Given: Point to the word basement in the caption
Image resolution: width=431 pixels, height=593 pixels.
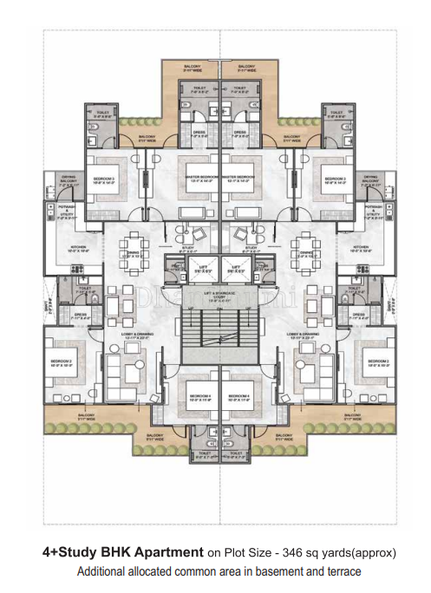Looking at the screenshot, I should click(x=264, y=571).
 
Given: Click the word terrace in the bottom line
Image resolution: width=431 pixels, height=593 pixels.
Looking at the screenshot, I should click(x=340, y=571).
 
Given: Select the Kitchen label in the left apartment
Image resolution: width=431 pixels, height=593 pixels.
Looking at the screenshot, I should click(x=78, y=249).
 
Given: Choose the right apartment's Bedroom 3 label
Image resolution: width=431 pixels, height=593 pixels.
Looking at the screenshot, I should click(x=335, y=179).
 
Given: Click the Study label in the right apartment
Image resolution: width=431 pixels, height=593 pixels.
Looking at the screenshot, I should click(x=251, y=249).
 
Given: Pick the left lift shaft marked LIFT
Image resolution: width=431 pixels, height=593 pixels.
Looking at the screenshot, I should click(x=202, y=270).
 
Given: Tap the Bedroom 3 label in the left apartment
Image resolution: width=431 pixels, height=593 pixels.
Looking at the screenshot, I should click(x=104, y=179).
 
